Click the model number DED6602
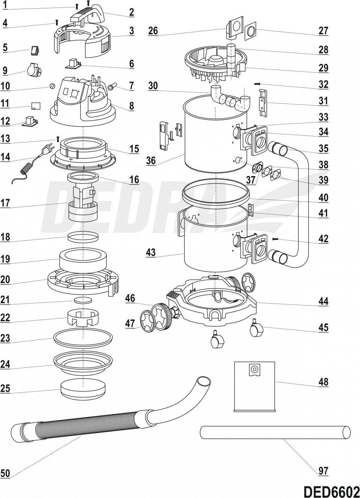coord(331,491)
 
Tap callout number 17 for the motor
coord(5,203)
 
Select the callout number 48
coord(323,382)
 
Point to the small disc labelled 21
coord(83,300)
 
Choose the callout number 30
coord(153,86)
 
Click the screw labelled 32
coord(257,84)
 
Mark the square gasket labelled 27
coord(250,31)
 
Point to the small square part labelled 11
coord(36,106)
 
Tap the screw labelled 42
coord(275,239)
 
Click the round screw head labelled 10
coord(52,86)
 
